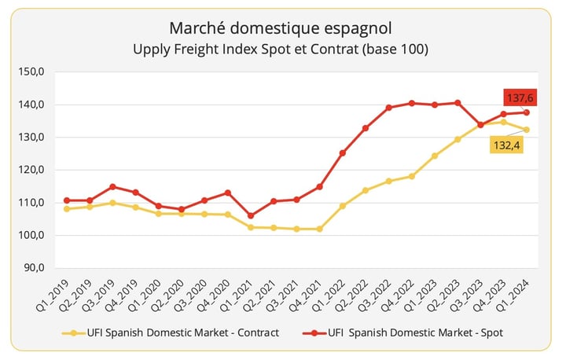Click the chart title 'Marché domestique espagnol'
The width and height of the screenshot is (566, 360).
[x=282, y=29]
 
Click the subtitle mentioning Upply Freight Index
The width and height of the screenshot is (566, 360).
[x=282, y=50]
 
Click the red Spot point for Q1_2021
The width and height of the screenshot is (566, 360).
[x=250, y=215]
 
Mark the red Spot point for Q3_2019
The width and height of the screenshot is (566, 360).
[x=112, y=187]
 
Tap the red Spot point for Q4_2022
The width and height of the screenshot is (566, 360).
[x=411, y=103]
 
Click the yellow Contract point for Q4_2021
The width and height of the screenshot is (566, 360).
[x=319, y=229]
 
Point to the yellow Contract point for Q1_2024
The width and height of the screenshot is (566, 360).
[x=526, y=130]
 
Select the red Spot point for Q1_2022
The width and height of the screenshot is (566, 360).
[x=342, y=153]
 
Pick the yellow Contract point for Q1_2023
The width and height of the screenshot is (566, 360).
[x=434, y=156]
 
